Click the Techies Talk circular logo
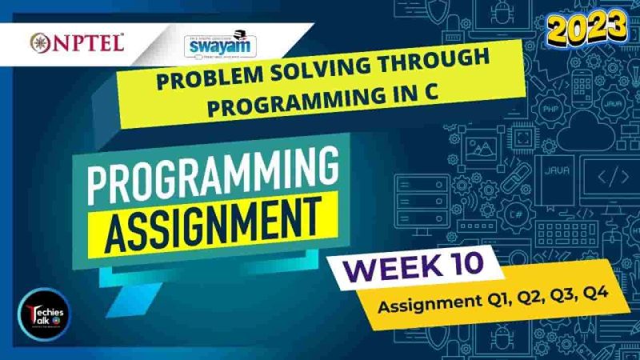tap(44, 312)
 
